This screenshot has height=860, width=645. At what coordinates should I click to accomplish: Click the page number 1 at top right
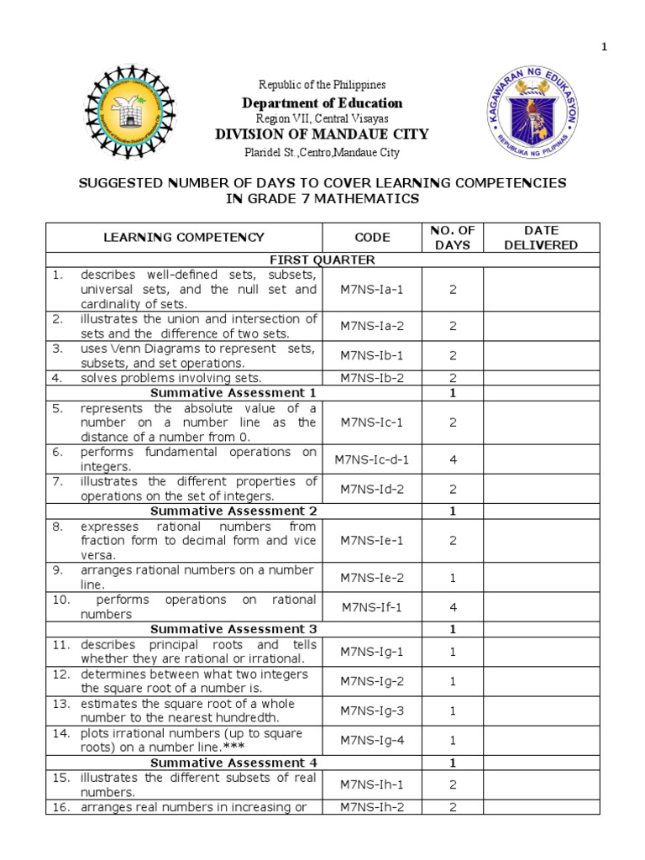pos(627,47)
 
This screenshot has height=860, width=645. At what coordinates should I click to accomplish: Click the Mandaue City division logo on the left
pos(131,113)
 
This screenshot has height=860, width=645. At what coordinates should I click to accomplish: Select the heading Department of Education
pos(322,103)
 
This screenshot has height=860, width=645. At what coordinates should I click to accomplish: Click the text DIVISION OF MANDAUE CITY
pos(322,134)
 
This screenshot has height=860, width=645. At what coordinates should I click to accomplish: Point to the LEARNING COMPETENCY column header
pos(183,238)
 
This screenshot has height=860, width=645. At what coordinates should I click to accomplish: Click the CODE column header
pos(372,238)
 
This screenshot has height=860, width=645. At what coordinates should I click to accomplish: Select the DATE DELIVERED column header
pos(541,238)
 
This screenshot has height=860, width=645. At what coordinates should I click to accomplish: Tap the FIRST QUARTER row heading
pos(322,260)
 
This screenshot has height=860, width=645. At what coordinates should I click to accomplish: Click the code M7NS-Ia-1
pos(372,289)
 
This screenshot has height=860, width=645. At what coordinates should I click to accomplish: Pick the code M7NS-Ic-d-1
pos(372,459)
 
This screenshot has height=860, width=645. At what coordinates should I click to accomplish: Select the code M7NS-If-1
pos(372,607)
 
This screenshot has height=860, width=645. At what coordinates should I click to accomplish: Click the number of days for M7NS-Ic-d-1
pos(453,459)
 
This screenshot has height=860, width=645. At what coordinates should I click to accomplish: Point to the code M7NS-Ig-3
pos(372,711)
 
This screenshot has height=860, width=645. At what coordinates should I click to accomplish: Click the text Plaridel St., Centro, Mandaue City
pos(322,153)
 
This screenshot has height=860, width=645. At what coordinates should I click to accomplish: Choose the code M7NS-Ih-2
pos(372,807)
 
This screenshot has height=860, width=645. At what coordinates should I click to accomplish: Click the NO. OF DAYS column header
pos(453,238)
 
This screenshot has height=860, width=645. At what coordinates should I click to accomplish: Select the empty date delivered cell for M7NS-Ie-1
pos(541,540)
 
